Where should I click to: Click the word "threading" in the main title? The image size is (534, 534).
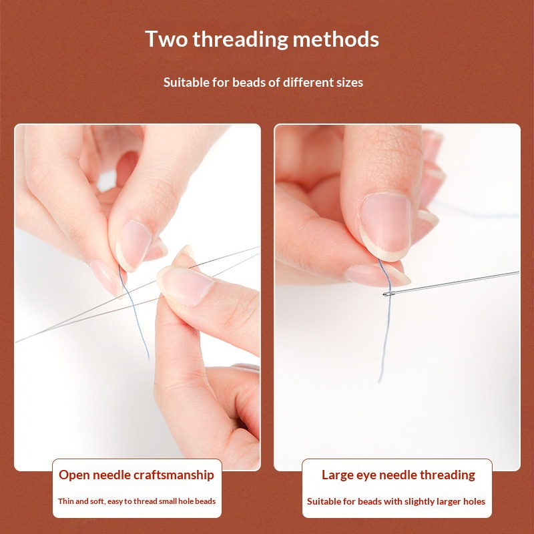240,39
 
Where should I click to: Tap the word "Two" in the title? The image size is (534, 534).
166,39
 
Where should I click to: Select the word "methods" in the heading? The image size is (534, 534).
336,39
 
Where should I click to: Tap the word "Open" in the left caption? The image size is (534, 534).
74,475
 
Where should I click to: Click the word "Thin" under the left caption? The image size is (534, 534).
65,501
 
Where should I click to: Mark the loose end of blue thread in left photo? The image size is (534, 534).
148,358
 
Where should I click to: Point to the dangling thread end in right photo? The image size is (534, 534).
380,380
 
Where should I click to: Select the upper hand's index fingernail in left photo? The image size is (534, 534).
133,245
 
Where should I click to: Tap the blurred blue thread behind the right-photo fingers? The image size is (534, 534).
477,212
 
